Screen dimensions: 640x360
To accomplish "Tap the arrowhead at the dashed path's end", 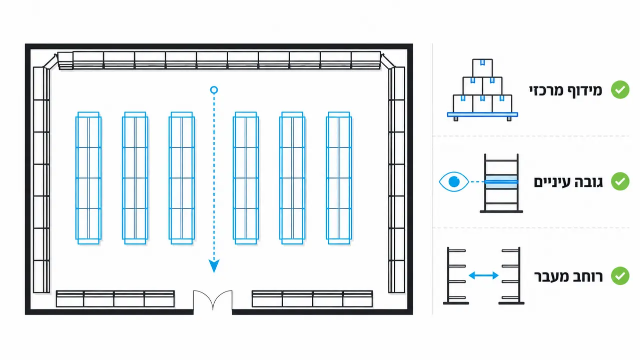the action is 214,266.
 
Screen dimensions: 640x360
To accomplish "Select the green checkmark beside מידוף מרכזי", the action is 620,89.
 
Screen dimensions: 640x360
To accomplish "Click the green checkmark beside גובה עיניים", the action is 620,181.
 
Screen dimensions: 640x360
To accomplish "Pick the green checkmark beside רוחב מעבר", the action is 620,276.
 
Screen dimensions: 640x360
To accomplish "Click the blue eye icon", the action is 454,181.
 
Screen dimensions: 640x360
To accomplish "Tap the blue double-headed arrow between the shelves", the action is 484,275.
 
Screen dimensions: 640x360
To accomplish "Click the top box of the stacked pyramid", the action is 482,67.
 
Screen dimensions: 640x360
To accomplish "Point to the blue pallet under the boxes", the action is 482,115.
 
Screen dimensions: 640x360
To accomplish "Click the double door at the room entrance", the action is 213,300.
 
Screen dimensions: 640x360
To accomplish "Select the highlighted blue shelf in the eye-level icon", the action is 501,182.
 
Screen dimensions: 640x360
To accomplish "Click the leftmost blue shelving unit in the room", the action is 88,178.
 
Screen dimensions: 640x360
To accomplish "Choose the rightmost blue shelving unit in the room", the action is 339,178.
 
